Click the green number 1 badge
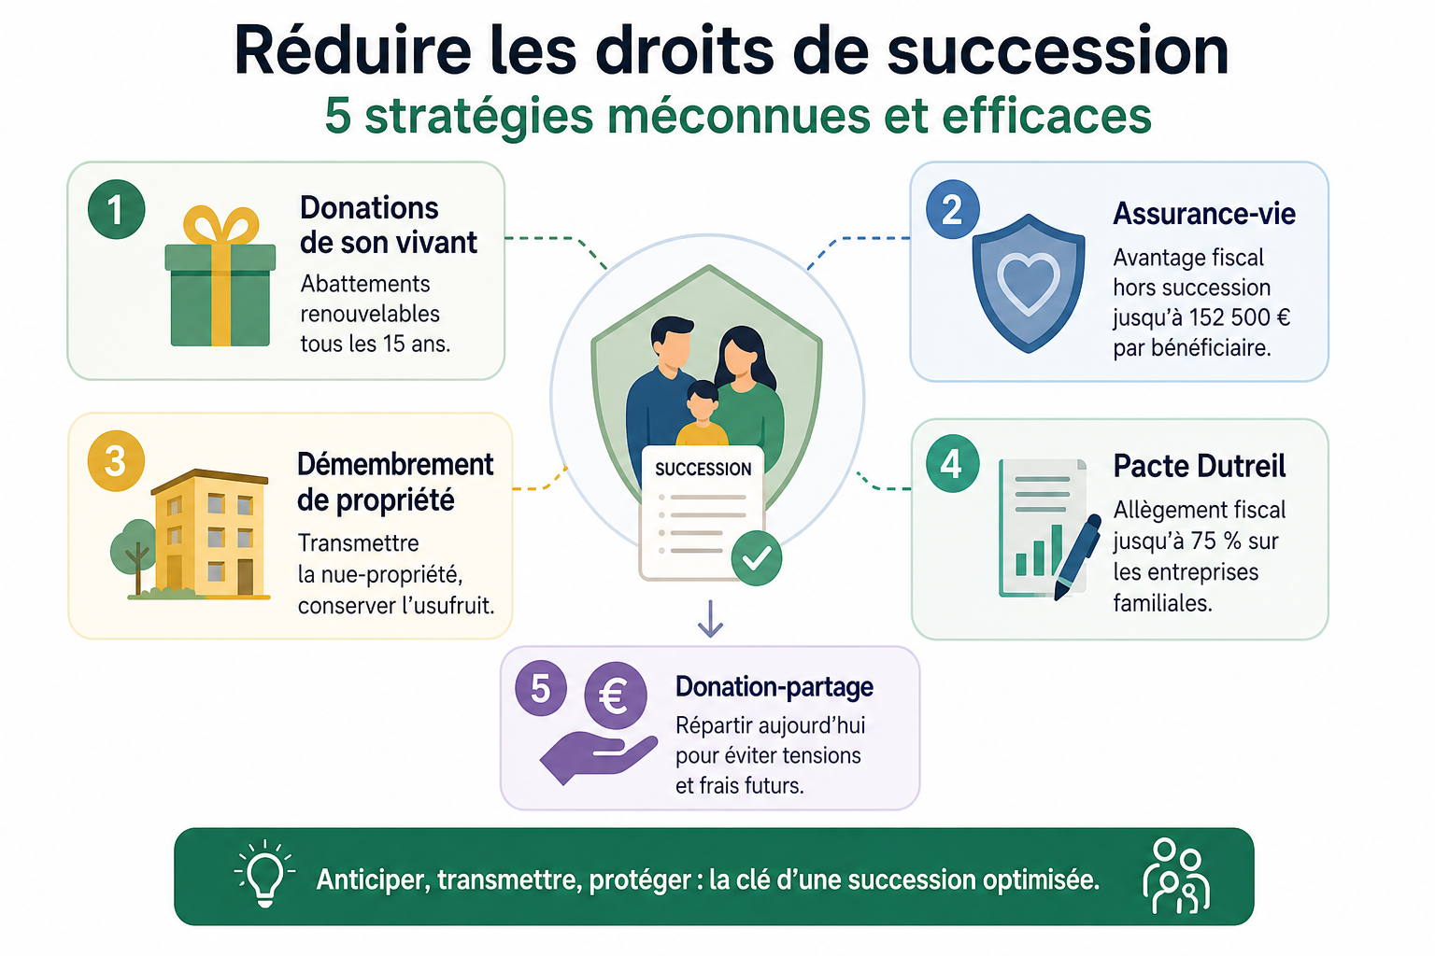point(116,209)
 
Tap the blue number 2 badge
point(953,209)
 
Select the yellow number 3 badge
point(116,461)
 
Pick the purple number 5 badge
point(541,688)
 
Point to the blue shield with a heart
point(1029,283)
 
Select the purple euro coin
point(616,696)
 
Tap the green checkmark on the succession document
point(757,557)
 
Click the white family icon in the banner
point(1176,876)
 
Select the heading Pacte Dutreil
point(1200,466)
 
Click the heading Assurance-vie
point(1204,213)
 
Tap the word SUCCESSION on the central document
point(703,470)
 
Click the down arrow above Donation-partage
point(710,619)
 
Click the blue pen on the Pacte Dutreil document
point(1077,557)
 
